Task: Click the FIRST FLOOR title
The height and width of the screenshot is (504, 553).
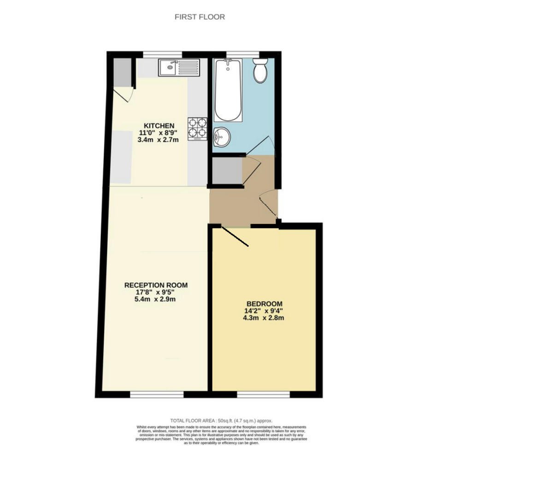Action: click(200, 17)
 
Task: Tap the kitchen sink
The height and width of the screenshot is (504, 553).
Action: click(179, 68)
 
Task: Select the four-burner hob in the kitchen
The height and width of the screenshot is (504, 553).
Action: click(197, 129)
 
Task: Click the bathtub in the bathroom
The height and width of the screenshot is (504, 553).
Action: click(228, 91)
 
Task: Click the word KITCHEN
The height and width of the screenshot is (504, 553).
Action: click(159, 126)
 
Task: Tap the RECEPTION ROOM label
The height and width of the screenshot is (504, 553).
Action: click(156, 285)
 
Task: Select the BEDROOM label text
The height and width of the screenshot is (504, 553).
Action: click(264, 304)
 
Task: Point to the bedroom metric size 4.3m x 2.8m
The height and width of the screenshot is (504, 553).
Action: click(264, 317)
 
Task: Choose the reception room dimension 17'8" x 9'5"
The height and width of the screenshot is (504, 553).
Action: click(155, 292)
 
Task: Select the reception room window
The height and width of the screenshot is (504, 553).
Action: click(157, 394)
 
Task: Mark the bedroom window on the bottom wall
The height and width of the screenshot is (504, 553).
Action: click(264, 394)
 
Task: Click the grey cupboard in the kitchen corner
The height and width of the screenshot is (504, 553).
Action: click(122, 72)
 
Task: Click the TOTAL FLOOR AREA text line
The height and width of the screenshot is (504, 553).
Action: click(221, 421)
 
